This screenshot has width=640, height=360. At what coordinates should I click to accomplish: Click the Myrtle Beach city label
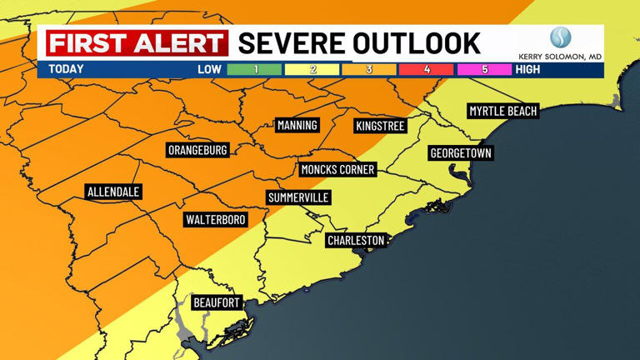click(x=502, y=111)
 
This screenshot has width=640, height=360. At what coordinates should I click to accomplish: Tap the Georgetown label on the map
click(x=461, y=153)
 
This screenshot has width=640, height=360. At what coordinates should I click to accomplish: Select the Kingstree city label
click(x=379, y=126)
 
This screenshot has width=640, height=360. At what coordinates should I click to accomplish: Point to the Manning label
click(x=297, y=125)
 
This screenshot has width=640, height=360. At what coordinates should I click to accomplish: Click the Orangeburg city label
click(x=197, y=150)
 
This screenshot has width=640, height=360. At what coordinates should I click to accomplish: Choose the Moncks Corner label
click(x=337, y=169)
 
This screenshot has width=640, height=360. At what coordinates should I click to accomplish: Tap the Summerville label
click(x=298, y=197)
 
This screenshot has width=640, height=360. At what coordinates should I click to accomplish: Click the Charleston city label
click(x=356, y=240)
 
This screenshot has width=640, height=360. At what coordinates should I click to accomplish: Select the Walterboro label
click(x=215, y=219)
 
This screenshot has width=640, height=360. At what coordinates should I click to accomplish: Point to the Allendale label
click(x=113, y=192)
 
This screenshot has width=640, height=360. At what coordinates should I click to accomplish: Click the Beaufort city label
click(x=217, y=302)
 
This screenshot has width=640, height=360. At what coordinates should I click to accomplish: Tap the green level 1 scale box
click(x=255, y=69)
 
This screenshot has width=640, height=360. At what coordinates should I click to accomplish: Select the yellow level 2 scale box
click(x=312, y=69)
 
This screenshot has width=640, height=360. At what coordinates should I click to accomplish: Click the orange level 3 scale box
click(x=369, y=69)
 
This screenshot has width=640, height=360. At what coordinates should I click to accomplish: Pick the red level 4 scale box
click(x=427, y=69)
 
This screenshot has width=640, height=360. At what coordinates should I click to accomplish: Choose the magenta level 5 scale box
click(x=484, y=69)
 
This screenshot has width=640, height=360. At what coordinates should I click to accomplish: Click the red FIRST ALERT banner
click(x=137, y=43)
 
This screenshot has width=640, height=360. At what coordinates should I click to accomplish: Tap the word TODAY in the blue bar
click(x=66, y=69)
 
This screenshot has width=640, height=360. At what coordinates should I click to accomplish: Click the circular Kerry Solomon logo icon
click(x=559, y=38)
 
